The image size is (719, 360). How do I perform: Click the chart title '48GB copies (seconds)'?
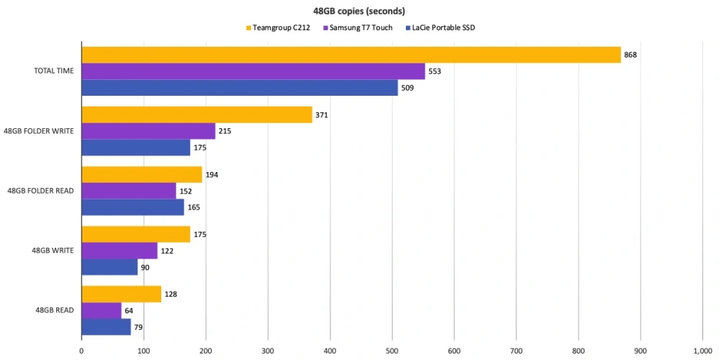click(x=359, y=11)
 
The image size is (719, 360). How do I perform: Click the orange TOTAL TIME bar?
click(x=351, y=55)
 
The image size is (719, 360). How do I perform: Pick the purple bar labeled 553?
click(x=253, y=71)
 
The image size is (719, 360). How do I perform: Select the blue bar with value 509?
click(x=239, y=88)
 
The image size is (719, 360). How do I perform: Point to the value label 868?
click(x=631, y=55)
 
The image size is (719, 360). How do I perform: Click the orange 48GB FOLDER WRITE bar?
click(x=196, y=114)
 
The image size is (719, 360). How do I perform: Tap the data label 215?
click(x=225, y=131)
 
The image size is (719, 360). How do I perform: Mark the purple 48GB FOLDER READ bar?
click(x=128, y=191)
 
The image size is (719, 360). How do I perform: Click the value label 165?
click(x=194, y=207)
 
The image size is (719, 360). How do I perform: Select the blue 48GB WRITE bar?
click(x=109, y=267)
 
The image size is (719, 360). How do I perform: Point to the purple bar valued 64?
click(x=101, y=310)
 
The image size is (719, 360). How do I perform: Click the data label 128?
click(x=171, y=294)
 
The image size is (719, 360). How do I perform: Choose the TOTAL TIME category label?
click(x=55, y=71)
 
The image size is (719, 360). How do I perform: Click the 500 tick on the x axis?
click(x=392, y=351)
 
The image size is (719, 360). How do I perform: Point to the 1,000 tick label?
click(x=702, y=351)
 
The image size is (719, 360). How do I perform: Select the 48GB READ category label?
click(x=55, y=310)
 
